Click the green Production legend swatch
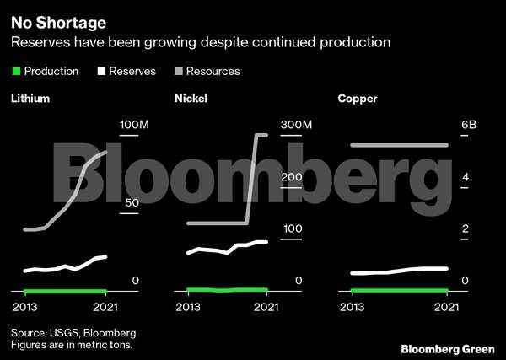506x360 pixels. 16,72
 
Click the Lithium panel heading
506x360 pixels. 30,99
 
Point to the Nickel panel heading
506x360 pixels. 191,99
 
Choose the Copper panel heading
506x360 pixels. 358,99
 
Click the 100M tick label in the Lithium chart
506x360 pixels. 133,125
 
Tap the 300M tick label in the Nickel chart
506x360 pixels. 296,125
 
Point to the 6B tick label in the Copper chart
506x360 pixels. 468,125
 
